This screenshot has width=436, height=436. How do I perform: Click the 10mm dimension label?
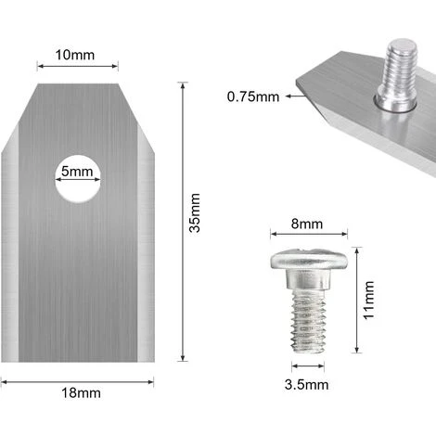(77, 55)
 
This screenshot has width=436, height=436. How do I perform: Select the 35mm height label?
(195, 225)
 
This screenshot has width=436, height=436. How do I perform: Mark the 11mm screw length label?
(369, 300)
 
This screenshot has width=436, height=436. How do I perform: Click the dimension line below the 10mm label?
(77, 67)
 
